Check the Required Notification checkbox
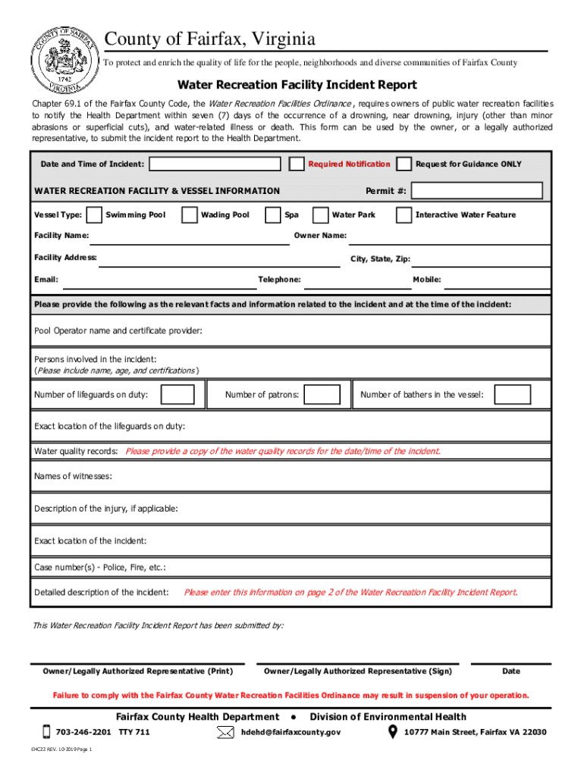(x=297, y=164)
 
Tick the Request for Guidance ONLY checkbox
(x=405, y=164)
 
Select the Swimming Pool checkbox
(x=95, y=215)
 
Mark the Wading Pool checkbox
(x=190, y=215)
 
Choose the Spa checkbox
(x=273, y=215)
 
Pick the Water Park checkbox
(x=321, y=215)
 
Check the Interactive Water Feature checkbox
(x=405, y=215)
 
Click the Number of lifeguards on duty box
(x=179, y=394)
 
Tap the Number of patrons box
(x=323, y=394)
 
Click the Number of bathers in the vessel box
(x=513, y=394)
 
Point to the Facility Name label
(x=61, y=236)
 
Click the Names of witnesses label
(x=73, y=476)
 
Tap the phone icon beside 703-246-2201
(x=46, y=732)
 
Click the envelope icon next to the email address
(x=225, y=732)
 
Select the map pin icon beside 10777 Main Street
(x=393, y=732)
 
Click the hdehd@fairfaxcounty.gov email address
(x=290, y=732)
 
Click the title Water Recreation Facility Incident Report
(x=297, y=85)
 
